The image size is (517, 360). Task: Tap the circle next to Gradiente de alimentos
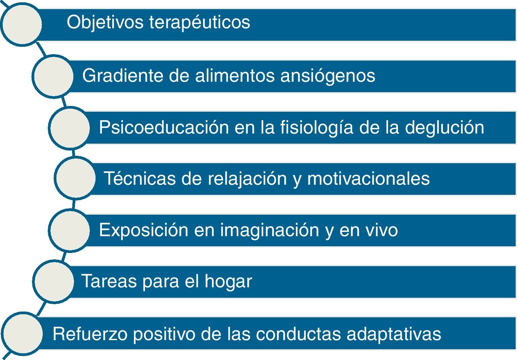(x=53, y=76)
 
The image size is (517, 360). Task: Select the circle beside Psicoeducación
(x=69, y=128)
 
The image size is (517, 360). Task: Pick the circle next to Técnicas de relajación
(x=75, y=178)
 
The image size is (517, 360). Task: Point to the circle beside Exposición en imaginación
(x=69, y=230)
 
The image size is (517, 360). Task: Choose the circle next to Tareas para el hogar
(x=53, y=281)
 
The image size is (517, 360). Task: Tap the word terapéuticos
(x=200, y=23)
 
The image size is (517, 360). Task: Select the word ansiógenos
(x=328, y=76)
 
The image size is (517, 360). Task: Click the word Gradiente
(x=123, y=75)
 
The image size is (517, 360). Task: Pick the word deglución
(x=445, y=128)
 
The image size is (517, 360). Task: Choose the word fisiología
(x=317, y=128)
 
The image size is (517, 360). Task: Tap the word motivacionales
(x=368, y=179)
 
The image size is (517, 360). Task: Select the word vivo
(x=381, y=230)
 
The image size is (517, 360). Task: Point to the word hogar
(x=228, y=282)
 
